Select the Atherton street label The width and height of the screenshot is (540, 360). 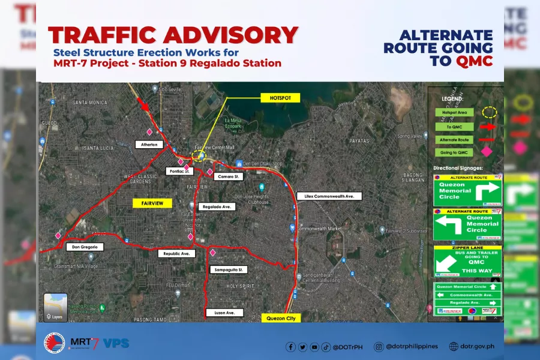[x=149, y=145]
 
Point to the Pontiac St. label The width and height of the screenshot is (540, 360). [x=178, y=171]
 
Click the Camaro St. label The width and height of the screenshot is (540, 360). [x=229, y=177]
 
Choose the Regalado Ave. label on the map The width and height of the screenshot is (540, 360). [x=217, y=206]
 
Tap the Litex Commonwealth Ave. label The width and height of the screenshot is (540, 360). [x=329, y=196]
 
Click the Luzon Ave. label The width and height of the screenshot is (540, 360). [x=224, y=313]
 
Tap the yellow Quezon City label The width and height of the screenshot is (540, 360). [x=281, y=319]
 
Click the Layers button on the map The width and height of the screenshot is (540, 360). [x=55, y=308]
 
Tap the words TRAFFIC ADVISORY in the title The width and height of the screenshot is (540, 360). [x=173, y=35]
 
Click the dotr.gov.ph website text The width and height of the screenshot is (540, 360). [x=478, y=346]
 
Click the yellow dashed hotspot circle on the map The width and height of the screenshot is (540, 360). [x=199, y=157]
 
